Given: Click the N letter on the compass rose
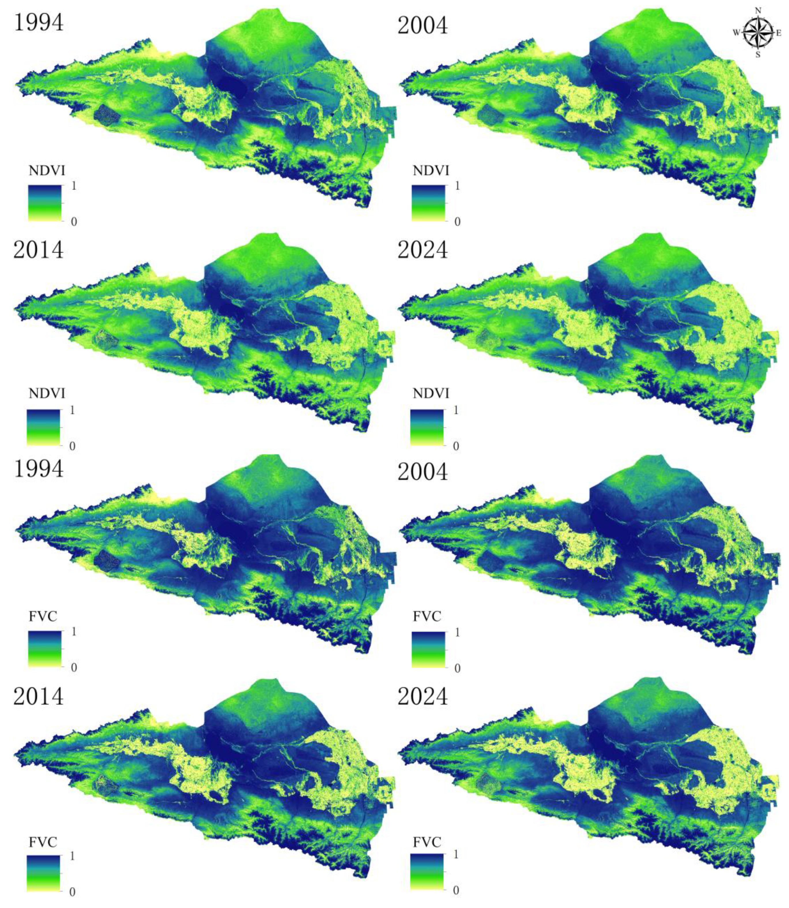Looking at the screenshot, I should (758, 11).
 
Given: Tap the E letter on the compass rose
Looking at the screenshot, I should (778, 33).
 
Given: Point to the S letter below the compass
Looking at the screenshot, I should (758, 55).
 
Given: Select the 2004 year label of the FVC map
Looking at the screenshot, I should (422, 472).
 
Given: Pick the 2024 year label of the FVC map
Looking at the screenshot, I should (422, 697).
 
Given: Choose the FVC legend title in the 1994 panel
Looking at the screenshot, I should (43, 616).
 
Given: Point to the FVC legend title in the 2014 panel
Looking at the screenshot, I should (43, 842).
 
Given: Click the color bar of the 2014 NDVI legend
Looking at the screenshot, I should (44, 427).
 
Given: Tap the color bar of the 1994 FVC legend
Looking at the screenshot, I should (44, 648).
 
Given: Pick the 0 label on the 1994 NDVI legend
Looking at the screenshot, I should (74, 222).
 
